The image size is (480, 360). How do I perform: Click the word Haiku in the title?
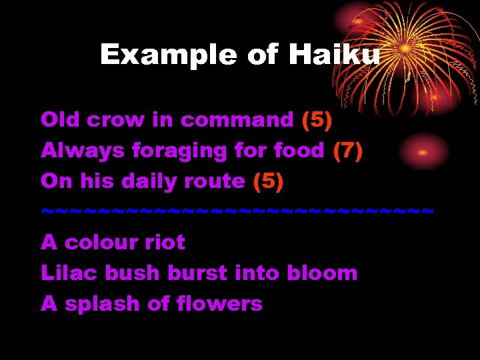pos(334,55)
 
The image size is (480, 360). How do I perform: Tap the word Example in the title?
pos(169,55)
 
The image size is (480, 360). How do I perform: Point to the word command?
pos(237,120)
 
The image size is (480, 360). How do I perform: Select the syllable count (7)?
pos(348,151)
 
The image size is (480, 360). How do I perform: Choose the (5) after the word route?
pos(269,181)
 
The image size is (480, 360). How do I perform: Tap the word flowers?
pos(219,304)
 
